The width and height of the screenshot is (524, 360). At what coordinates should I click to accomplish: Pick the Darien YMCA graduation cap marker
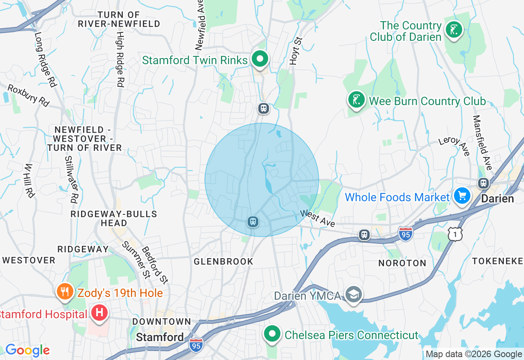(x=353, y=295)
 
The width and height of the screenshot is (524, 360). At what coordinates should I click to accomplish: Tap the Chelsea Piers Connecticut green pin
(x=271, y=334)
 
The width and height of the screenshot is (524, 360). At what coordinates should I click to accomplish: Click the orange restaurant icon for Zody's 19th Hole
(x=65, y=292)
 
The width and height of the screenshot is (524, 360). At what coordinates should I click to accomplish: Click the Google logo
(x=27, y=350)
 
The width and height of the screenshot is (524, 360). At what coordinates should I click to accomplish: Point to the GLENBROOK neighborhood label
(x=224, y=261)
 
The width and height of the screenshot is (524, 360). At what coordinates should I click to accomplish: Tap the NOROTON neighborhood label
(x=402, y=263)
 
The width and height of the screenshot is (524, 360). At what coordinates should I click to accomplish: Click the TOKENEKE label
(x=497, y=261)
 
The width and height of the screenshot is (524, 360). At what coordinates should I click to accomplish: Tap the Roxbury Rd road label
(x=28, y=95)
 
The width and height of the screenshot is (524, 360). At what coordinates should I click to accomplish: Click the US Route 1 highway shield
(x=455, y=234)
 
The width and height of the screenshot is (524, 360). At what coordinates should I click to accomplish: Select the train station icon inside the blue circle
(x=253, y=222)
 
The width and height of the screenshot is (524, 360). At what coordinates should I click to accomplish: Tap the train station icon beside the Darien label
(x=483, y=183)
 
